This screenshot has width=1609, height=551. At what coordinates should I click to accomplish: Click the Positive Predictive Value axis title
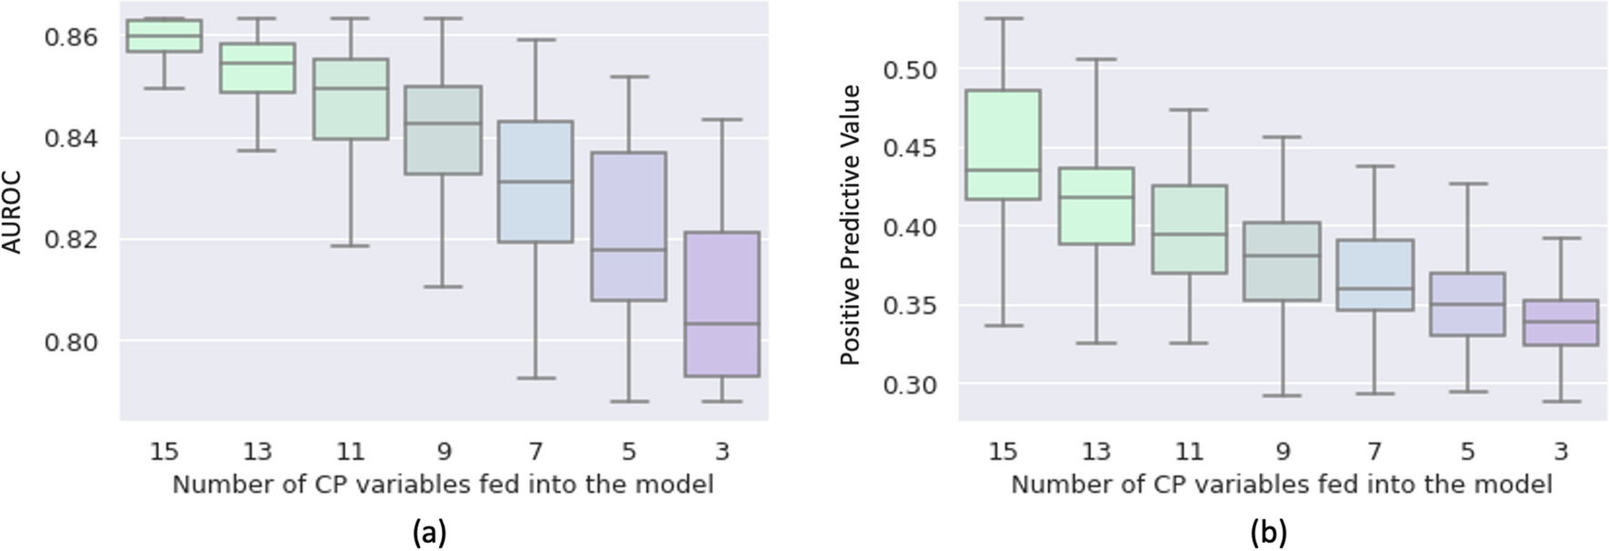850,225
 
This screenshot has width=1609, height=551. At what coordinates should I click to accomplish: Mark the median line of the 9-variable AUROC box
443,123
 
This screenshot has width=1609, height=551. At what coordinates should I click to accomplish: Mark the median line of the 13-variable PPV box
1096,197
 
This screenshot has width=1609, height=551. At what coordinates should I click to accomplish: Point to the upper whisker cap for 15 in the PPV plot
1004,18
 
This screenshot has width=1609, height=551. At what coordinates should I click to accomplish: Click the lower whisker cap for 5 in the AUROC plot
629,401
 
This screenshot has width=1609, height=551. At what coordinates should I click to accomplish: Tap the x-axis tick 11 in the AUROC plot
350,451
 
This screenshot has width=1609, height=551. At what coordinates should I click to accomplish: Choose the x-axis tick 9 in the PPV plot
1283,451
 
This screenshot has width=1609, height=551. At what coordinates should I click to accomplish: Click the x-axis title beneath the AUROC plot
443,485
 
